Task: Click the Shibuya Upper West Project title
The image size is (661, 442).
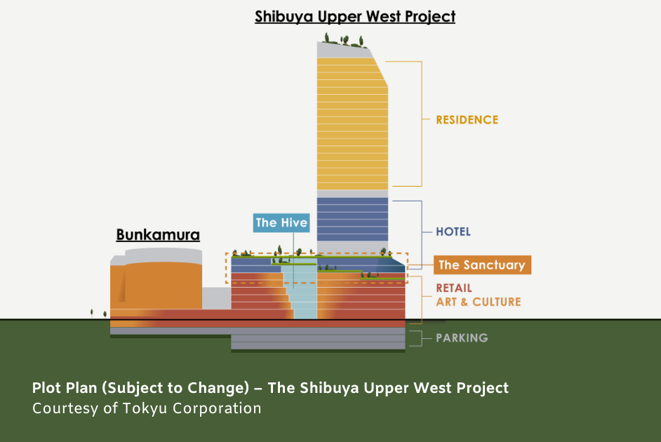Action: tap(355, 16)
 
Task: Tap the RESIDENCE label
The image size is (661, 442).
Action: tap(467, 120)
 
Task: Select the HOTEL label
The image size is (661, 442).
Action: tap(453, 232)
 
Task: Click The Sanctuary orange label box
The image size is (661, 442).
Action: tap(482, 265)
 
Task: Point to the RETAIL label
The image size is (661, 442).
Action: tap(453, 288)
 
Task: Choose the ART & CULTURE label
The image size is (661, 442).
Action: tap(479, 302)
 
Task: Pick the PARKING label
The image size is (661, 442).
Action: tap(462, 338)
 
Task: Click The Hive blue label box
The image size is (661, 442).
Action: tap(281, 223)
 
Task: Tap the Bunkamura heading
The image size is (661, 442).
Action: tap(158, 235)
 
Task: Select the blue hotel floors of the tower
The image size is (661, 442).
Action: tap(352, 219)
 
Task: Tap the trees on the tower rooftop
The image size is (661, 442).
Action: tap(344, 41)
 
